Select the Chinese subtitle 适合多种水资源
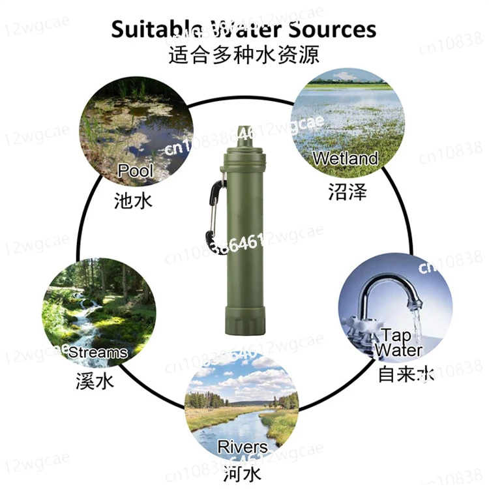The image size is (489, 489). click(244, 54)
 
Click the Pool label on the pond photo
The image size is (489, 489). click(136, 171)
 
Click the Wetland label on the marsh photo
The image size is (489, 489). click(345, 158)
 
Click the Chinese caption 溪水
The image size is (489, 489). click(94, 380)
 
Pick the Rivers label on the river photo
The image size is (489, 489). click(243, 447)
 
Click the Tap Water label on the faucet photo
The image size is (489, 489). click(398, 343)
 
